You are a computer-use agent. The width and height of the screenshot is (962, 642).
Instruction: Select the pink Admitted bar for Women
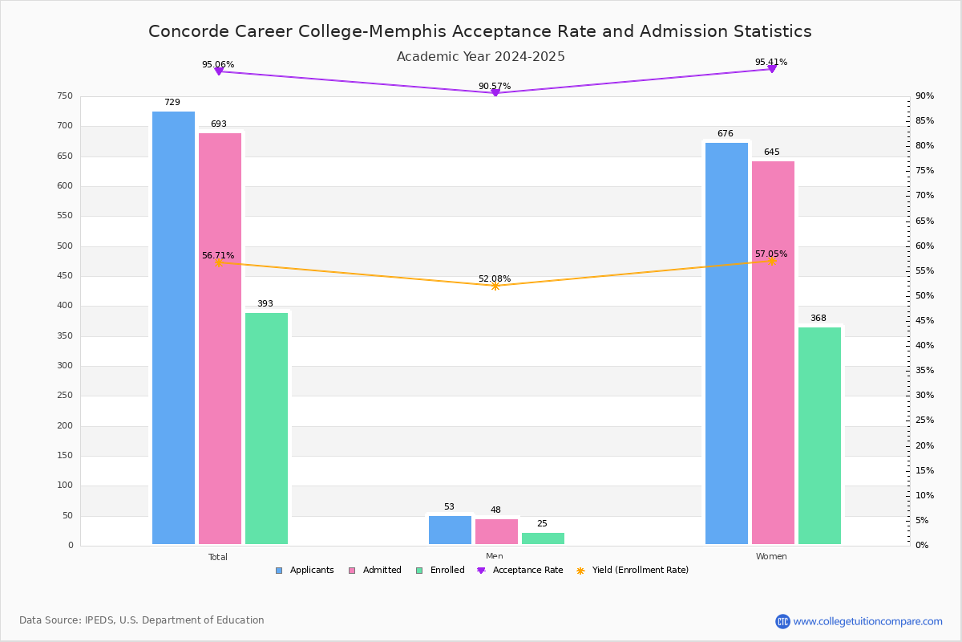pos(773,353)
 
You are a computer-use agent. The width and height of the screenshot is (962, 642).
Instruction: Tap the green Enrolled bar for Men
pos(543,538)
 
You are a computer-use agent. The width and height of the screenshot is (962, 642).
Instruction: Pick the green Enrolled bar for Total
pos(266,429)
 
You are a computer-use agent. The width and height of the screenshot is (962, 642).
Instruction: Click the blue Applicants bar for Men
pos(450,530)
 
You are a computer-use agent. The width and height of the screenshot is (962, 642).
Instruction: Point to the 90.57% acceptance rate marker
pos(495,93)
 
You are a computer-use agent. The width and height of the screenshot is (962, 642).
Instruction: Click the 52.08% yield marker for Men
pos(495,286)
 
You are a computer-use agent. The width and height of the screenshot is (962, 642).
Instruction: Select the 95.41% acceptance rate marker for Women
pos(771,69)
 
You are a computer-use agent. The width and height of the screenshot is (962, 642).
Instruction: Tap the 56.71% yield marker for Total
pos(218,262)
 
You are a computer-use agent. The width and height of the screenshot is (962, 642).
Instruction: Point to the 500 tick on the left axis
pos(64,246)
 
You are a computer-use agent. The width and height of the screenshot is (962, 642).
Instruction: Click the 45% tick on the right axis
pos(924,321)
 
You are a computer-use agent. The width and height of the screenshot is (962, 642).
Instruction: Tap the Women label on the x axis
pos(771,557)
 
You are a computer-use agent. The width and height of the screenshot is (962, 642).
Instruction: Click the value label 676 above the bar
pos(725,134)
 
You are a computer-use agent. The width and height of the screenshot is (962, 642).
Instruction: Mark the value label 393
pos(265,304)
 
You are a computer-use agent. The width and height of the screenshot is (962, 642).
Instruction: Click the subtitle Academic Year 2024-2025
pos(480,57)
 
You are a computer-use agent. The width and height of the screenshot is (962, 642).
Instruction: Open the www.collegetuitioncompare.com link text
pos(867,621)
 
